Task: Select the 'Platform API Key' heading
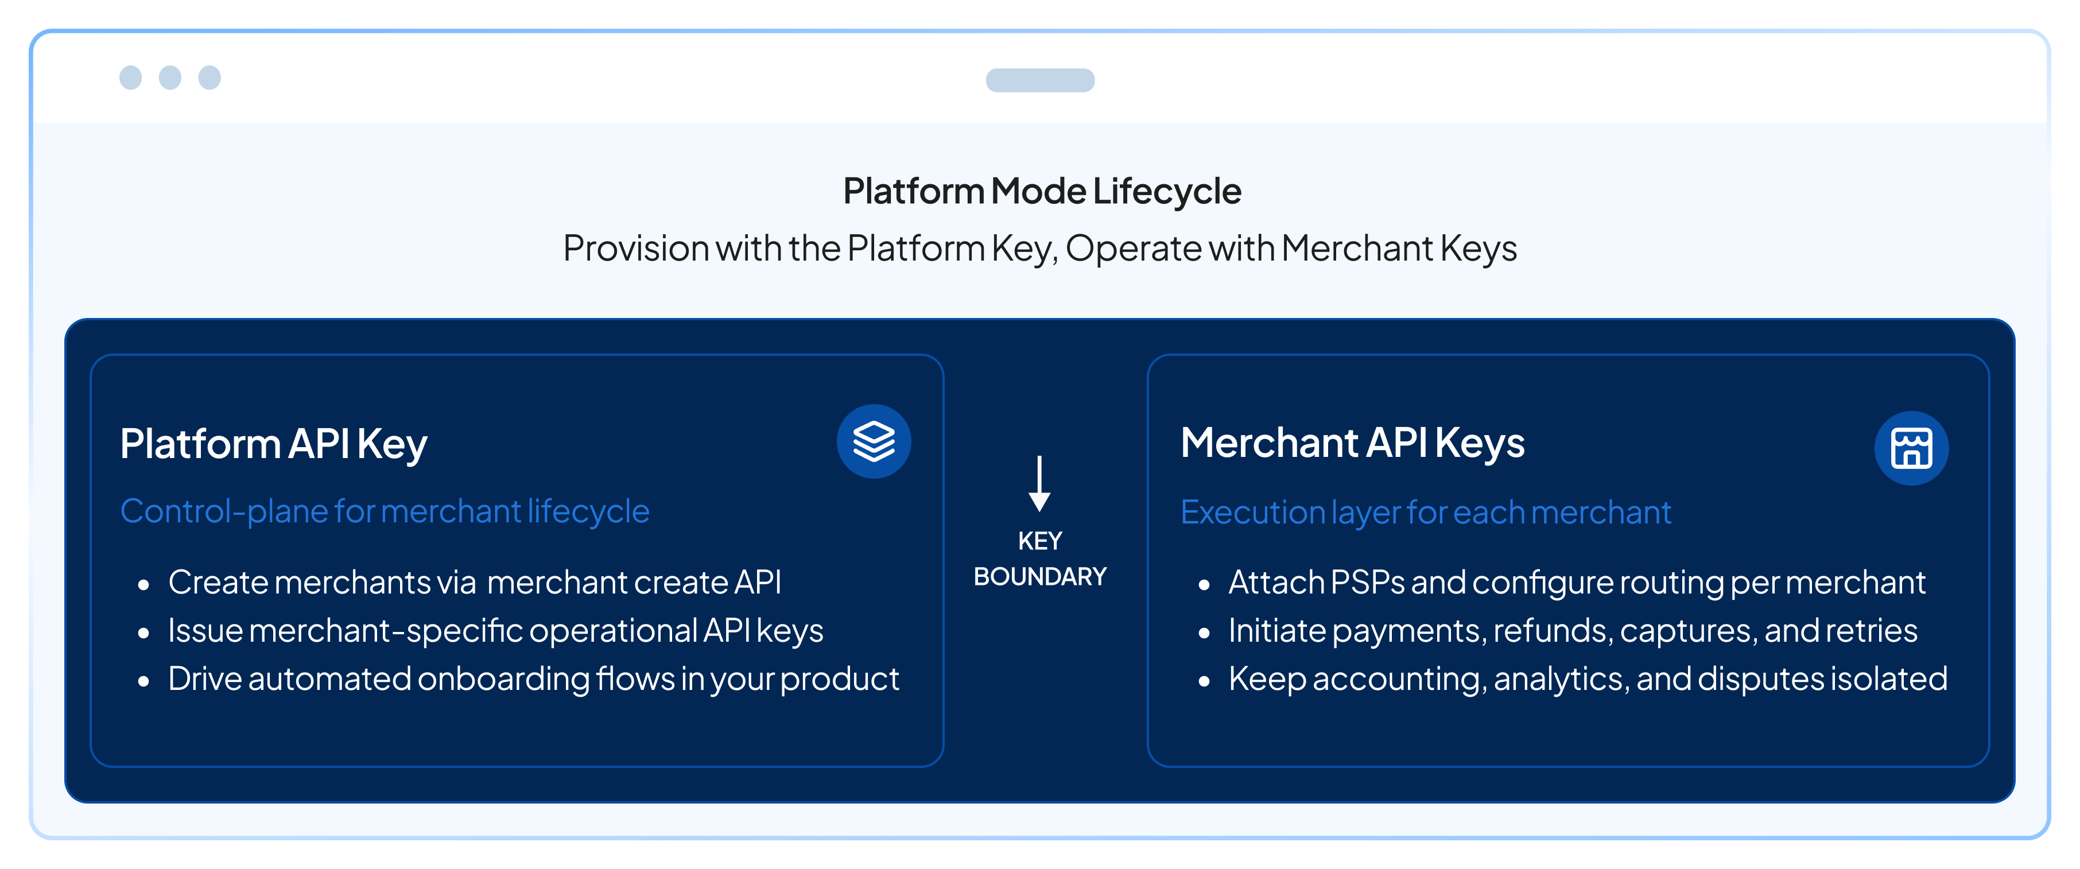point(274,444)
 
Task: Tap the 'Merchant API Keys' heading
point(1352,443)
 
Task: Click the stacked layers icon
point(874,442)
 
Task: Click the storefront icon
point(1911,448)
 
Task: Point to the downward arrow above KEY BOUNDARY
point(1039,483)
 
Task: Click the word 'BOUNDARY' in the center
point(1039,577)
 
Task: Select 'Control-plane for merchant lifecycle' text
point(385,511)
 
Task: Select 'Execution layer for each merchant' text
point(1425,512)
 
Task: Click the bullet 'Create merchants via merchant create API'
point(474,582)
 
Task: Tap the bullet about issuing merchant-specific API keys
point(495,631)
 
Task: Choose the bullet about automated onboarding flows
point(533,679)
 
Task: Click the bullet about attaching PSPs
point(1576,582)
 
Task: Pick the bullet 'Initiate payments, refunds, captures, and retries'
point(1572,631)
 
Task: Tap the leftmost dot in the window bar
point(131,77)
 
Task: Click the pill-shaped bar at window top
point(1040,80)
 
